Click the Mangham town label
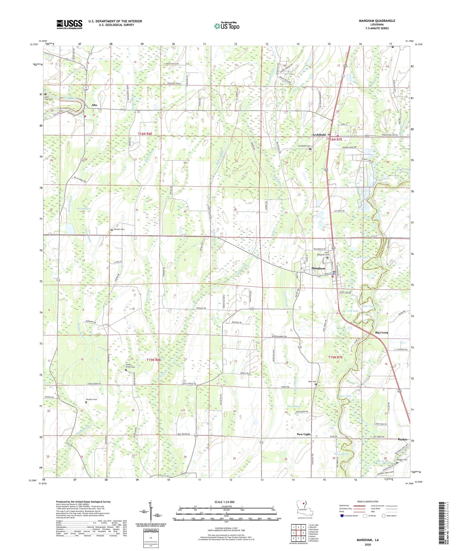click(x=318, y=268)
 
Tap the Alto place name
click(x=94, y=105)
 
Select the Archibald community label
click(x=319, y=135)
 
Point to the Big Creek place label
click(x=382, y=332)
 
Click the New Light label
click(x=303, y=434)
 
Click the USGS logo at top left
click(x=69, y=24)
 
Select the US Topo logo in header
click(x=226, y=26)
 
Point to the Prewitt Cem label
click(x=119, y=229)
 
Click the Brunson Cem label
click(x=91, y=399)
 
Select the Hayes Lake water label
click(x=345, y=396)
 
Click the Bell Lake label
click(x=362, y=258)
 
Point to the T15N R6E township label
click(x=154, y=360)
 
